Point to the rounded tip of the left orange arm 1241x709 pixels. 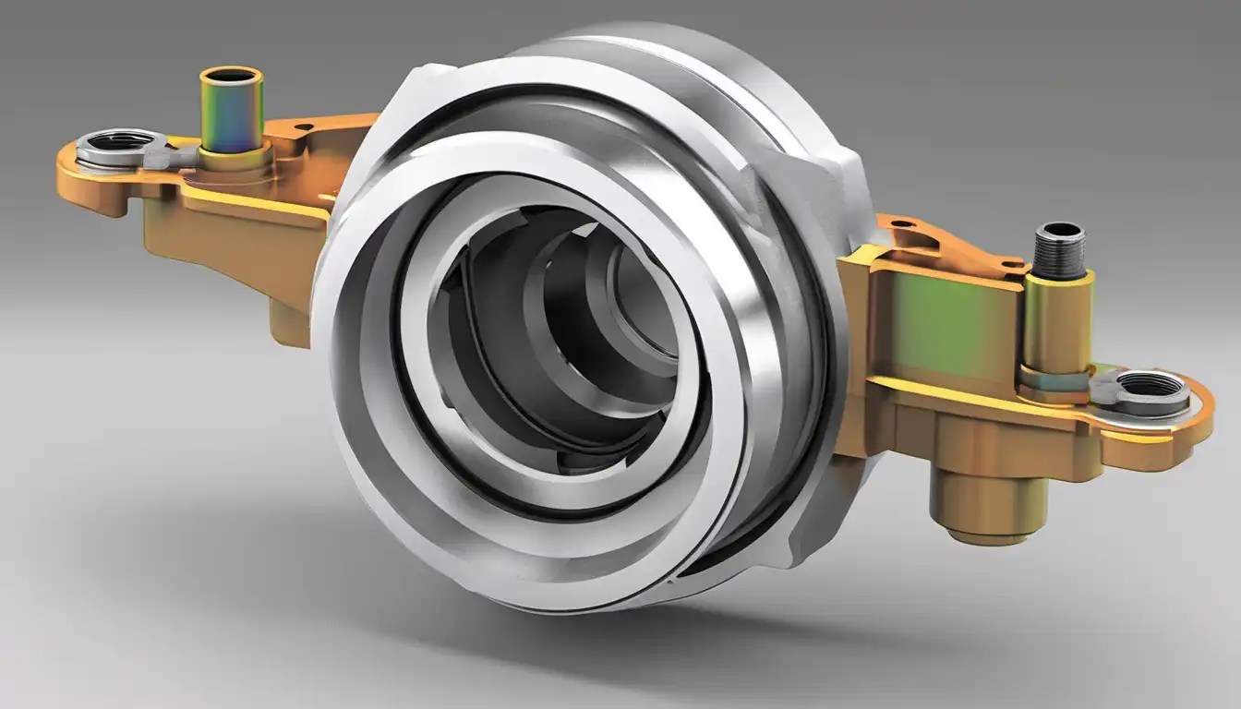tap(69, 175)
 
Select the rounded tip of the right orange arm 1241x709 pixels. tap(1205, 406)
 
